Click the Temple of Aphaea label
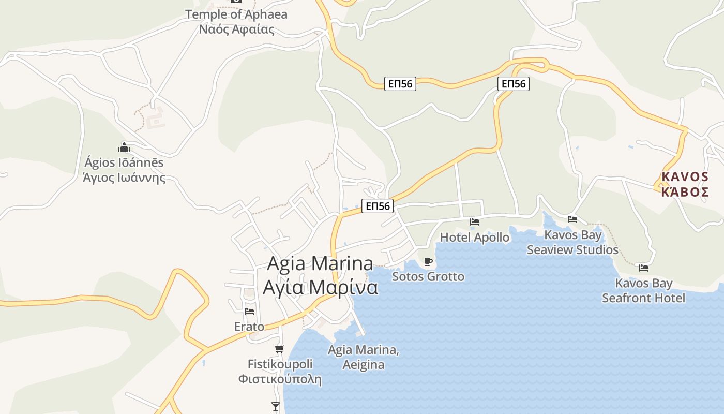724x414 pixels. pyautogui.click(x=236, y=14)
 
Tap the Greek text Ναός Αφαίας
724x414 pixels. pyautogui.click(x=236, y=29)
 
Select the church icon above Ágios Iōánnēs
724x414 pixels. pyautogui.click(x=124, y=147)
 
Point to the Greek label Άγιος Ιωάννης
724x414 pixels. pyautogui.click(x=124, y=178)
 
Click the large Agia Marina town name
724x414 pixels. pyautogui.click(x=320, y=263)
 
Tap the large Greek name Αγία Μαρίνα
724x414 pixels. pyautogui.click(x=320, y=287)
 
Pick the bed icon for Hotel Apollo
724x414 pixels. pyautogui.click(x=475, y=222)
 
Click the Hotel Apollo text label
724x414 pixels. pyautogui.click(x=475, y=238)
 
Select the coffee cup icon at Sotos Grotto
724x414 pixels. pyautogui.click(x=428, y=261)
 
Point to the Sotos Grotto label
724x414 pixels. pyautogui.click(x=428, y=276)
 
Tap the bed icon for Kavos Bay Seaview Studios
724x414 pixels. pyautogui.click(x=572, y=219)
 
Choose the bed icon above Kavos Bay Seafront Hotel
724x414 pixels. pyautogui.click(x=644, y=268)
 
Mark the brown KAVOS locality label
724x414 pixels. pyautogui.click(x=685, y=177)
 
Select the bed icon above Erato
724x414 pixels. pyautogui.click(x=249, y=312)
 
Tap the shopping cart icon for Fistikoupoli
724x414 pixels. pyautogui.click(x=280, y=349)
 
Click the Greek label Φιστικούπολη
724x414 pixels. pyautogui.click(x=280, y=379)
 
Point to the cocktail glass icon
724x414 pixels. pyautogui.click(x=276, y=407)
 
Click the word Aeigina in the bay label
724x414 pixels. pyautogui.click(x=364, y=365)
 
